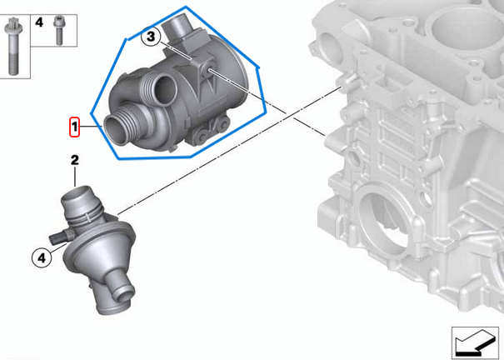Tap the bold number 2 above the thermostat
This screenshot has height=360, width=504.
(x=74, y=159)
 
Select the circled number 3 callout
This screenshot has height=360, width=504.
(x=151, y=36)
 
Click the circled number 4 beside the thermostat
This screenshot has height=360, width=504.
(x=40, y=258)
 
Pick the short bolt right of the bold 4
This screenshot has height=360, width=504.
(x=57, y=28)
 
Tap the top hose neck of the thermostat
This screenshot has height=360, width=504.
(x=77, y=202)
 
